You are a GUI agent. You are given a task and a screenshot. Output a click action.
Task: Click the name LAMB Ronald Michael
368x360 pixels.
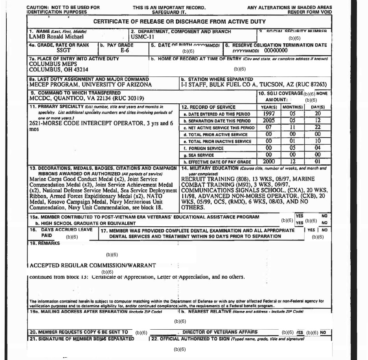point(56,37)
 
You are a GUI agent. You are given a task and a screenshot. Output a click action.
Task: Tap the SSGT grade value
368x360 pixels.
point(63,50)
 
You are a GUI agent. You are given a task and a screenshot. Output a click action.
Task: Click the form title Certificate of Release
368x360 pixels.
point(179,22)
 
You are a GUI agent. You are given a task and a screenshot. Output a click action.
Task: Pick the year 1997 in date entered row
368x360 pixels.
point(269,114)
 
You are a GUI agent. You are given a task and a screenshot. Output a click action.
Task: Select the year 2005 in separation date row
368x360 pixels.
point(269,121)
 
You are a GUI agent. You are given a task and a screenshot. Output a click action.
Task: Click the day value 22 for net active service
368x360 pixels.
point(318,127)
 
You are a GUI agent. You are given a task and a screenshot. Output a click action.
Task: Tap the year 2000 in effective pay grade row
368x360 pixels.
point(269,162)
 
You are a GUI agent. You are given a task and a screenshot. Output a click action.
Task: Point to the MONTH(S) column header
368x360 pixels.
point(292,107)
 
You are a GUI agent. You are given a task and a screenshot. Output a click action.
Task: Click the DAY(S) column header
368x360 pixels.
point(318,107)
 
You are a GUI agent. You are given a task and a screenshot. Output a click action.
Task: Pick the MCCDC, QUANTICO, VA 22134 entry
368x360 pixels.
point(87,98)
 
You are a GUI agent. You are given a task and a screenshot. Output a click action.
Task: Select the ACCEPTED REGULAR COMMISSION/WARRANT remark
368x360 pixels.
point(93,265)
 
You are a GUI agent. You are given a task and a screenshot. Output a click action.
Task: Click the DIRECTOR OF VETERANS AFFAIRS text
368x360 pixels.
point(220,332)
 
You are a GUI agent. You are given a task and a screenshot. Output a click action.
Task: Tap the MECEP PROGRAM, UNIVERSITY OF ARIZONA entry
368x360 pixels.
point(90,84)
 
